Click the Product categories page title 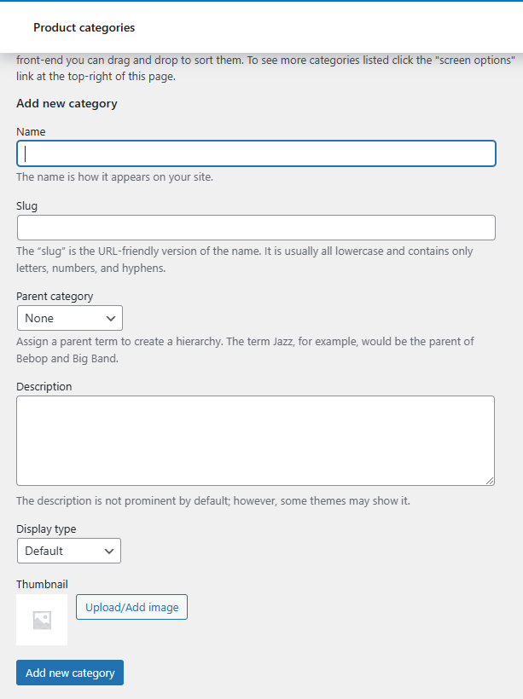click(x=84, y=27)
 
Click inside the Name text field click(x=256, y=153)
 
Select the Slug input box click(x=256, y=228)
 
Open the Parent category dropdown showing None click(x=69, y=318)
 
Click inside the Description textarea click(x=255, y=440)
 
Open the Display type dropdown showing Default click(x=68, y=551)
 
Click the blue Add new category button click(x=70, y=673)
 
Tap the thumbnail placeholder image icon click(x=42, y=620)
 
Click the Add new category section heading click(x=67, y=104)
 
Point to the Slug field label click(x=27, y=205)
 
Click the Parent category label click(x=55, y=297)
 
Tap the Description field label click(x=44, y=386)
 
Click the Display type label click(x=46, y=529)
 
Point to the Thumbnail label click(x=42, y=584)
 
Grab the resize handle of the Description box click(x=490, y=481)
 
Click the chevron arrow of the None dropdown click(x=111, y=318)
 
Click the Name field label click(x=31, y=132)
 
